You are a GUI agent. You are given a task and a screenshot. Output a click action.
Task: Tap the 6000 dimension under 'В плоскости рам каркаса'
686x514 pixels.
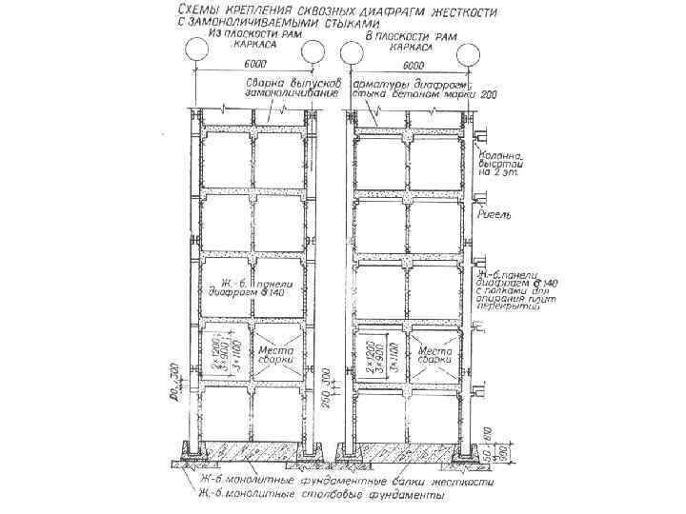click(x=413, y=66)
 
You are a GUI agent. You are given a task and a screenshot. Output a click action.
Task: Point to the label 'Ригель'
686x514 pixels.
click(x=496, y=215)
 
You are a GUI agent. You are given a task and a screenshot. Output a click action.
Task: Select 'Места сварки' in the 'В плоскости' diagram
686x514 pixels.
click(x=435, y=356)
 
